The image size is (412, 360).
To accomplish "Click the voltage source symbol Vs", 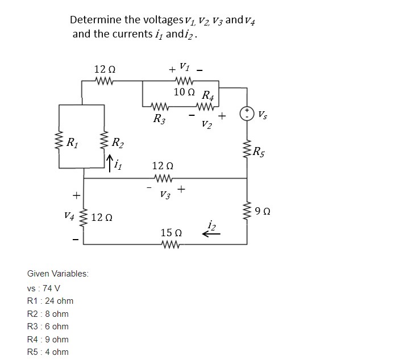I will [247, 114].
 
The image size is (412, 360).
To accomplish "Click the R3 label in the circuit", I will [160, 119].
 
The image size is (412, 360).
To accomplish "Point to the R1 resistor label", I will [73, 142].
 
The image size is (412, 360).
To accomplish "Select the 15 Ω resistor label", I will [171, 233].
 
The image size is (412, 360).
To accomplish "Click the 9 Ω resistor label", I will [264, 212].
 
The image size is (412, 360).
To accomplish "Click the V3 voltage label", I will [165, 195].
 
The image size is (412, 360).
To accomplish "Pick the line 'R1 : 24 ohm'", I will [50, 300].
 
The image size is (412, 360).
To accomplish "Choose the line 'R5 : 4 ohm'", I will [48, 352].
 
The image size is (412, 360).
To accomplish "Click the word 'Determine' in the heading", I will [95, 20].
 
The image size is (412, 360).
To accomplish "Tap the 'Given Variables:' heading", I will [57, 274].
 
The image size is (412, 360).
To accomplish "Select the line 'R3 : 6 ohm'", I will [48, 326].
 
